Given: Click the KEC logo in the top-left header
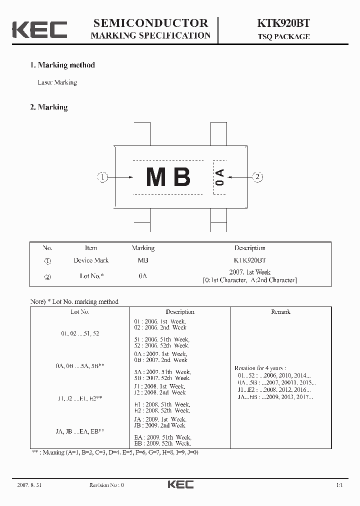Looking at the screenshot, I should click(x=39, y=29).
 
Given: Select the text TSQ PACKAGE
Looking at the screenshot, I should click(x=284, y=36).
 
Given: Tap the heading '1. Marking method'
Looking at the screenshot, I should click(x=62, y=65).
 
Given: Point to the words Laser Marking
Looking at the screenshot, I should click(x=57, y=82).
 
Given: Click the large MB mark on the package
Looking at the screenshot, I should click(x=168, y=177).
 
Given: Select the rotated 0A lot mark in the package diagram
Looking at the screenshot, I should click(x=219, y=177).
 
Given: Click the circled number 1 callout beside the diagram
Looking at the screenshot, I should click(x=102, y=177).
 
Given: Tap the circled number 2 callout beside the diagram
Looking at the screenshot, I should click(x=257, y=177).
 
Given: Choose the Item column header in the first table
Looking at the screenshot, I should click(x=91, y=248).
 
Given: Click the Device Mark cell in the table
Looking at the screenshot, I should click(x=91, y=260).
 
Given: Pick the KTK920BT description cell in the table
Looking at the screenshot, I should click(x=250, y=260).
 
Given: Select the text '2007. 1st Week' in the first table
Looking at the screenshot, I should click(x=250, y=272).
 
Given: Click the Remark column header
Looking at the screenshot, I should click(x=280, y=312).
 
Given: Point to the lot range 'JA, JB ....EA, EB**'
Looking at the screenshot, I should click(x=80, y=431).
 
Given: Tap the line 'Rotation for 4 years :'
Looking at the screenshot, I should click(x=260, y=368).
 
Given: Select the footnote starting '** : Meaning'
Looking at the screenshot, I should click(x=115, y=452).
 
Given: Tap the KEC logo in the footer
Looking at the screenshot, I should click(x=180, y=484).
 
